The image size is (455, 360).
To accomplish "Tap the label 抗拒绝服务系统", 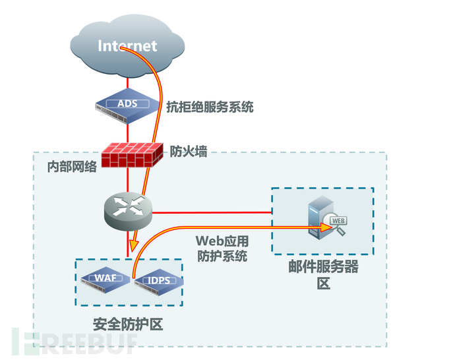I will pos(209,106).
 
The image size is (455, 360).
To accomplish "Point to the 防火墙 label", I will pos(189,151).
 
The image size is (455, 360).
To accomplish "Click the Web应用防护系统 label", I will pos(222,248).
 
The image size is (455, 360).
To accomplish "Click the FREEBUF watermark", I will pos(73,340).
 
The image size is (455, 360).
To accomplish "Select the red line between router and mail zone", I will pos(211,212).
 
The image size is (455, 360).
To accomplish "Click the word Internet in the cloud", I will pos(128,45).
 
